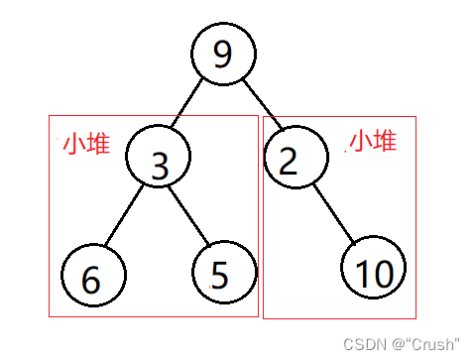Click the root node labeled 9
pyautogui.click(x=223, y=54)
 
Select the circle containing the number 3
pyautogui.click(x=159, y=161)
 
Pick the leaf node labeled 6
pyautogui.click(x=92, y=277)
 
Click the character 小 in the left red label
pyautogui.click(x=73, y=144)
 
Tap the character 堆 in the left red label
pyautogui.click(x=97, y=144)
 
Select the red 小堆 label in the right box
pyautogui.click(x=372, y=141)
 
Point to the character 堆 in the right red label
pyautogui.click(x=385, y=141)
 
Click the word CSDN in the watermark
pyautogui.click(x=361, y=343)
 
